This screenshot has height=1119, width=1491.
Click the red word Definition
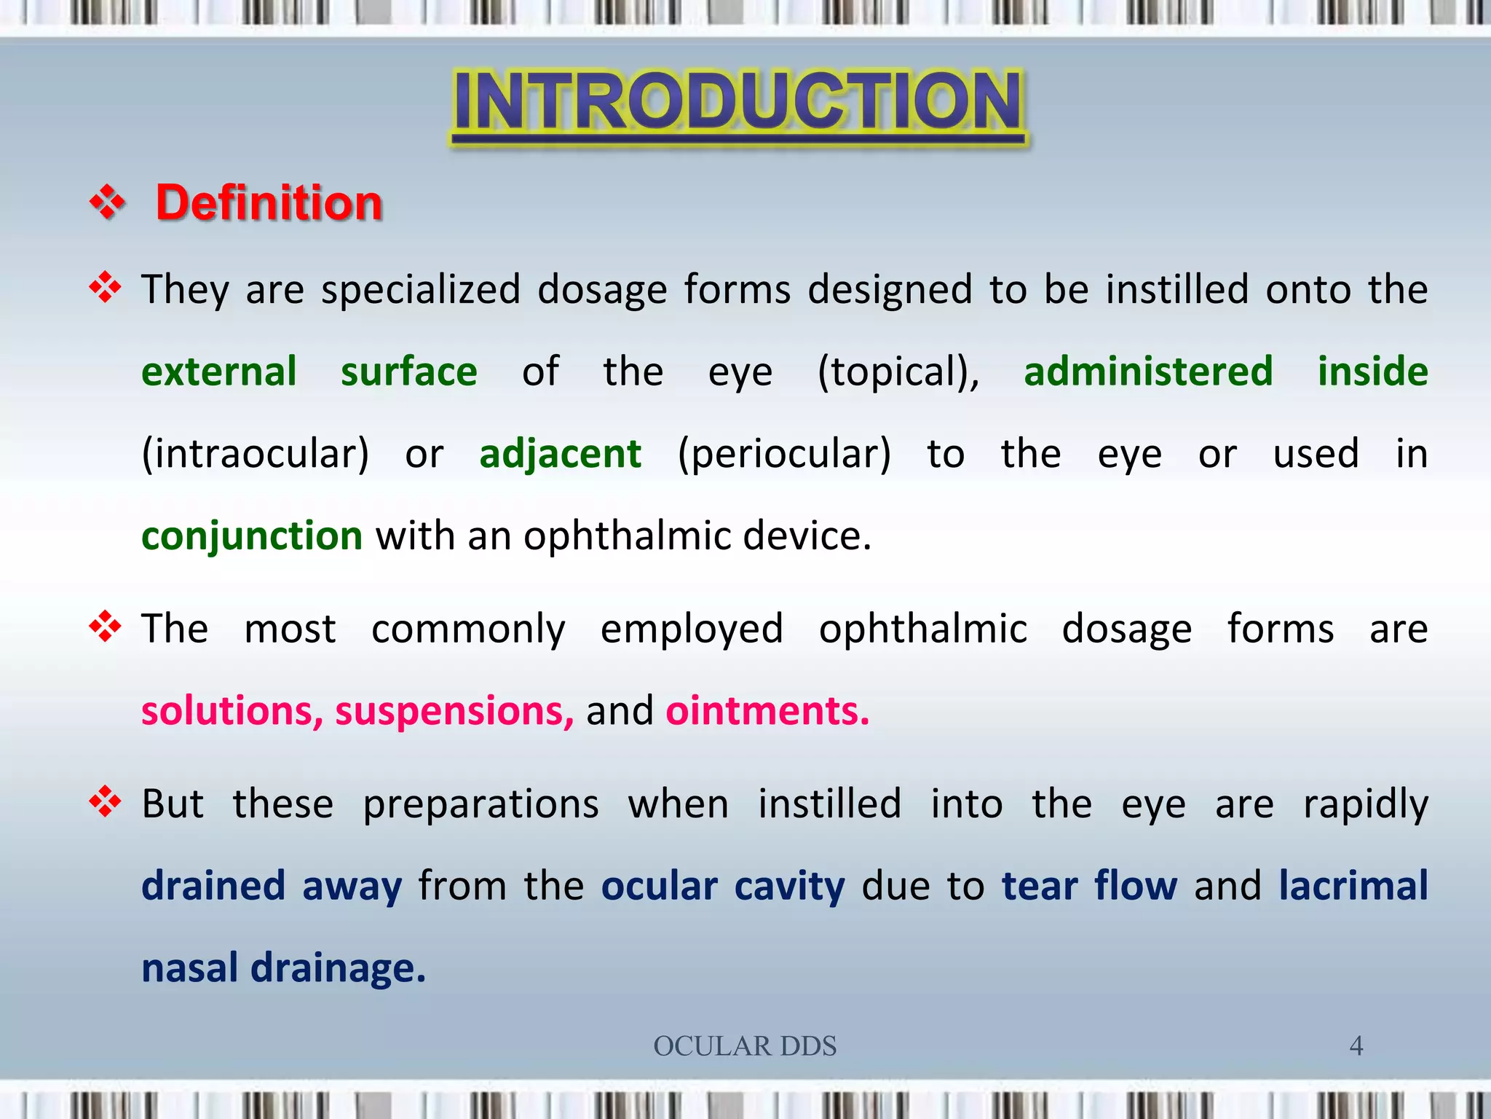tap(269, 203)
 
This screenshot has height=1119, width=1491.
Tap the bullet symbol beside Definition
tap(107, 202)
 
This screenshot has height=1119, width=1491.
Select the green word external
tap(218, 372)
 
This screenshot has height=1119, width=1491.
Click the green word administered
tap(1148, 372)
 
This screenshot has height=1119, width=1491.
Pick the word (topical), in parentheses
tap(898, 372)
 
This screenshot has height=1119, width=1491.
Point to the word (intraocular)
tap(255, 454)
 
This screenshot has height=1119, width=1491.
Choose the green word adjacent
tap(560, 454)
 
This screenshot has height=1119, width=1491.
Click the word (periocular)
tap(784, 454)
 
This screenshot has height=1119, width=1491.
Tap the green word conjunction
tap(251, 536)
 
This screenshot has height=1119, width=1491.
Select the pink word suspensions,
tap(454, 711)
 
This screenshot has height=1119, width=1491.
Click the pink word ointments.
tap(767, 711)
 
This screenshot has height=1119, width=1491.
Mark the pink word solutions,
tap(232, 711)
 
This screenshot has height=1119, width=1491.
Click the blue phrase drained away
tap(272, 887)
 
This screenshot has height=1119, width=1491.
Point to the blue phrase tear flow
tap(1089, 887)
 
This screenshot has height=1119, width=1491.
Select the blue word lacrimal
tap(1353, 887)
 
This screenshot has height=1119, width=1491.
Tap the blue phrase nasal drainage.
tap(283, 969)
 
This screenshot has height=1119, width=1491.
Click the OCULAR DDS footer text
tap(745, 1046)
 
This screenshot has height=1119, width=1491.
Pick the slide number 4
tap(1356, 1046)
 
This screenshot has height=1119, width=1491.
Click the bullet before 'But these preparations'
tap(105, 802)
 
